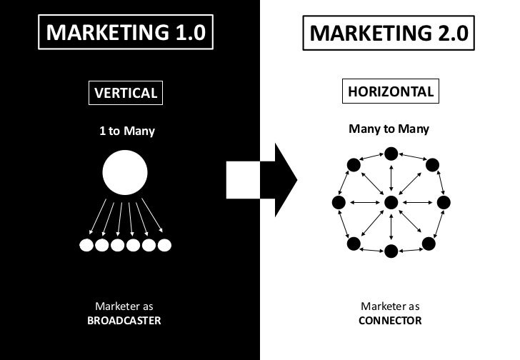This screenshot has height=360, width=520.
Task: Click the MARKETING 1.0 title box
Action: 126,33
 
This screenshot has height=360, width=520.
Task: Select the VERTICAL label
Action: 124,93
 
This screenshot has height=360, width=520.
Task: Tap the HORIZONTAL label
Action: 390,92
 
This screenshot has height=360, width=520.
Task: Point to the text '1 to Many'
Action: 126,131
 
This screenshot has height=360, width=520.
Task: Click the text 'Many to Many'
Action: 389,129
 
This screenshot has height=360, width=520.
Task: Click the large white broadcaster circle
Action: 125,173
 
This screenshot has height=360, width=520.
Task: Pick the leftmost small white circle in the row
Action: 86,246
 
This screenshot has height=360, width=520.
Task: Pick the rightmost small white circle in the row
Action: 164,246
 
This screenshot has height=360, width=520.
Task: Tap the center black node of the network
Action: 391,203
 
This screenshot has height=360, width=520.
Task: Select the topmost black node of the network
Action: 391,154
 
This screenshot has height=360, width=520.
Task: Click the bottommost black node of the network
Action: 391,251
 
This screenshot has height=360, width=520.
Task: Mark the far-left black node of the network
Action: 339,203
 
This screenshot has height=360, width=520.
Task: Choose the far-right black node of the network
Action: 444,203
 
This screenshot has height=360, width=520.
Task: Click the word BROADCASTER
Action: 124,321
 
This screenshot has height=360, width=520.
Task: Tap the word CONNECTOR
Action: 390,321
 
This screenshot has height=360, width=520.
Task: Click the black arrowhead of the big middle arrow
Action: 280,179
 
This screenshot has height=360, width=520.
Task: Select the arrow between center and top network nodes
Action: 391,178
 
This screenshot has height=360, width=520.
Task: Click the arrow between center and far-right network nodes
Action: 417,203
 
